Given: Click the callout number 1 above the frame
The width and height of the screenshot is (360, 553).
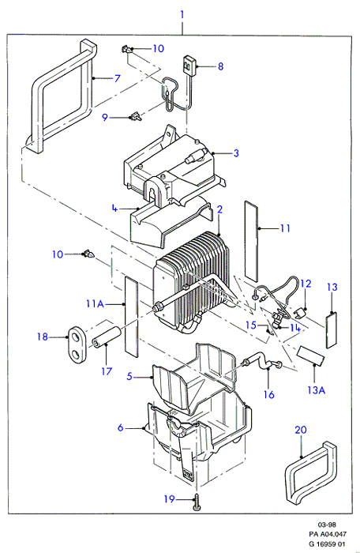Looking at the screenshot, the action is pyautogui.click(x=182, y=15).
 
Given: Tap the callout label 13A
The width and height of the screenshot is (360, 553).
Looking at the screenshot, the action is pyautogui.click(x=316, y=389).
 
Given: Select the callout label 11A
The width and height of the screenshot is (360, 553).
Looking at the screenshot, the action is pyautogui.click(x=95, y=303).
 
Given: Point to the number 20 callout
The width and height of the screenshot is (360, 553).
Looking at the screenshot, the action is pyautogui.click(x=301, y=430).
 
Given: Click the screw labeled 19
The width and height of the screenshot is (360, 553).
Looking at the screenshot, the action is pyautogui.click(x=196, y=502).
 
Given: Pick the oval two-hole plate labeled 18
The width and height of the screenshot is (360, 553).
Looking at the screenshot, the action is pyautogui.click(x=76, y=344).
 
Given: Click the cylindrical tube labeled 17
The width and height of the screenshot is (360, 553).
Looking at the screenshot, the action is pyautogui.click(x=106, y=337).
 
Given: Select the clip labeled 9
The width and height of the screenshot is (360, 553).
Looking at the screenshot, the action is pyautogui.click(x=136, y=116).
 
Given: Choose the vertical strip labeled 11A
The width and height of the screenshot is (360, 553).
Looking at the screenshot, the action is pyautogui.click(x=132, y=317).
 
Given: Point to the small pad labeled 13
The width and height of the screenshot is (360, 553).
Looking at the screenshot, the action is pyautogui.click(x=331, y=330).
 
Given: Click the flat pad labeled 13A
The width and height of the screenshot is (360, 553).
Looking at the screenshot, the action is pyautogui.click(x=310, y=355).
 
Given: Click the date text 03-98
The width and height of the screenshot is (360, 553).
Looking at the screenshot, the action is pyautogui.click(x=327, y=525).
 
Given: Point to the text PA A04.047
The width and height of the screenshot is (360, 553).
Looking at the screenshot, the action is pyautogui.click(x=324, y=534).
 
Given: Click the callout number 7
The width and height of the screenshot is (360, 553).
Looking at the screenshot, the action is pyautogui.click(x=118, y=78).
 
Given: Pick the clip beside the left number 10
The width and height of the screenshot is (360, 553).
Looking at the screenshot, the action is pyautogui.click(x=88, y=254).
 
